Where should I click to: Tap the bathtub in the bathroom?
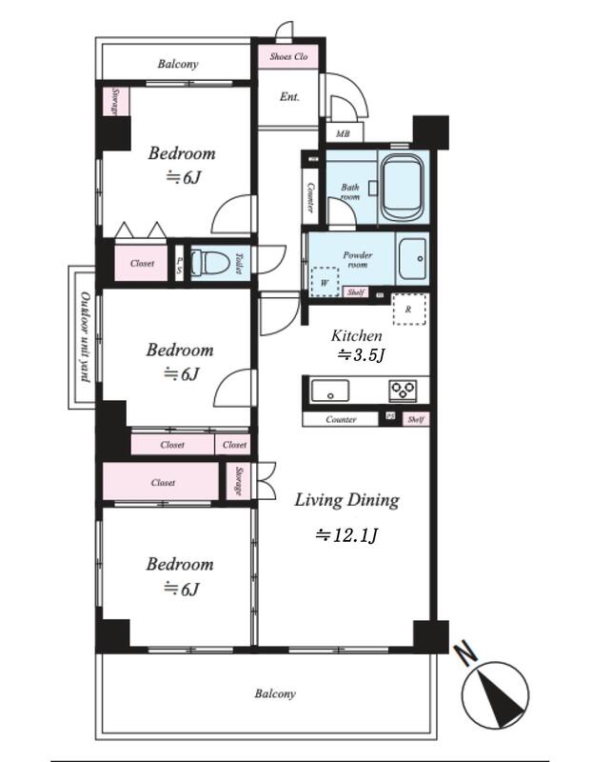coord(405,184)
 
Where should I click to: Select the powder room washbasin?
coord(413,258)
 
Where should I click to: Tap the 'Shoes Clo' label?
coord(288,57)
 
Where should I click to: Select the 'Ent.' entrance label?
coord(289,96)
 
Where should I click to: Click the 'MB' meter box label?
coord(343,135)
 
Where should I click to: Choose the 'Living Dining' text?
coord(345,499)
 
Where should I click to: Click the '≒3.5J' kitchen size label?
coord(362,355)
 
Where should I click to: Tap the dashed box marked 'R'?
coord(408,310)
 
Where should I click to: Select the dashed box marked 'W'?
coord(325,283)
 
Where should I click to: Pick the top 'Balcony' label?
coord(178,65)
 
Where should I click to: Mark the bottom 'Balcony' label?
coord(274,693)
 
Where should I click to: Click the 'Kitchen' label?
coord(356,335)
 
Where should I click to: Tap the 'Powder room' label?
coord(358,260)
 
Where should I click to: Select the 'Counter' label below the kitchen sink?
coord(341,419)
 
